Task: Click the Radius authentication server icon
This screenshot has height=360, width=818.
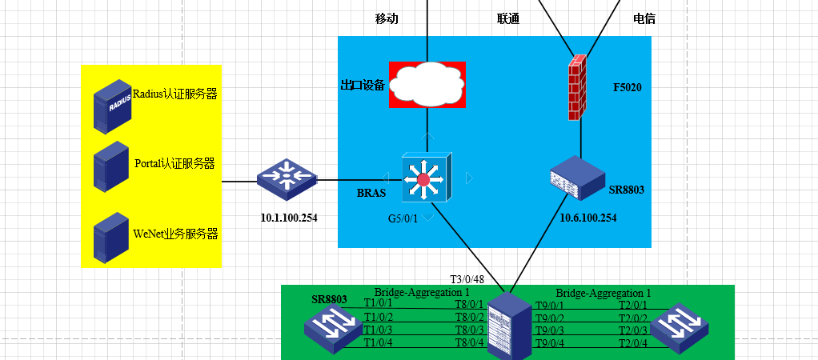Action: (112, 105)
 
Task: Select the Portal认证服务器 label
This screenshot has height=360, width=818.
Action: (174, 164)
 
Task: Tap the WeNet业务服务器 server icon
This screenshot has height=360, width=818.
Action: (111, 237)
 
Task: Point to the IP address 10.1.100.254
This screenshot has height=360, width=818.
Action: (289, 217)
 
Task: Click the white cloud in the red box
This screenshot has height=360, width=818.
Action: (427, 83)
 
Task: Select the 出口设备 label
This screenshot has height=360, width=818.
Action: (363, 85)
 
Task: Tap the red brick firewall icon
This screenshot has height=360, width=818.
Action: (576, 87)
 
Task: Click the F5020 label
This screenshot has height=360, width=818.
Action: (628, 86)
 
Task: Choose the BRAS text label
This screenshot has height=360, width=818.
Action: (371, 194)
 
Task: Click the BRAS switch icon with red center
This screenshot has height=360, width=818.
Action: (425, 178)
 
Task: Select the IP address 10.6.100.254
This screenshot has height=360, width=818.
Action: (587, 218)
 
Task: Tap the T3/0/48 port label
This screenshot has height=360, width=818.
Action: (467, 279)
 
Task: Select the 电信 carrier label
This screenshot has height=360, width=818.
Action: (644, 18)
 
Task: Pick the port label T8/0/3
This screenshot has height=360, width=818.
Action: (469, 330)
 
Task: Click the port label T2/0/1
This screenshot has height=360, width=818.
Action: (633, 304)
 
